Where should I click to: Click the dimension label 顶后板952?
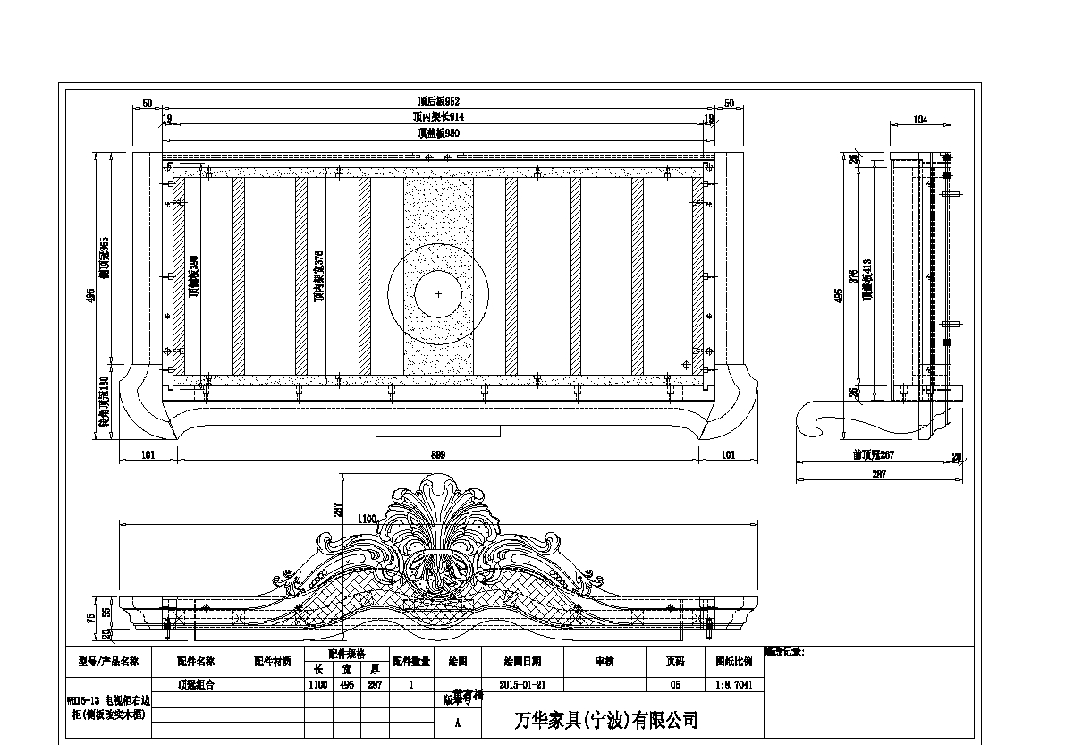coord(438,103)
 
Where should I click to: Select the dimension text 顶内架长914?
coord(438,117)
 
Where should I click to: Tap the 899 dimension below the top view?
coord(438,455)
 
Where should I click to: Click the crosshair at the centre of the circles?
coord(438,293)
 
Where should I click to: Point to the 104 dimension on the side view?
coord(920,119)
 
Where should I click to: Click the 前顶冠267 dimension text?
coord(874,455)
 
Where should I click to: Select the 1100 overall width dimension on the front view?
coord(368,519)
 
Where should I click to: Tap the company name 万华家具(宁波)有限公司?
coord(608,720)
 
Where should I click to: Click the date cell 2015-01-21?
coord(522,684)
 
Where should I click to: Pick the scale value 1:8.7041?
coord(734,684)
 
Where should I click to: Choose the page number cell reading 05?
coord(675,684)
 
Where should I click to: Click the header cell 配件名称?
coord(196,663)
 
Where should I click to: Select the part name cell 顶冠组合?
coord(196,684)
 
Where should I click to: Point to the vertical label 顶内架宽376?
coord(319,275)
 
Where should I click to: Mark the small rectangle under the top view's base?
coord(437,431)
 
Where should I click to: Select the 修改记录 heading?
coord(785,653)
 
